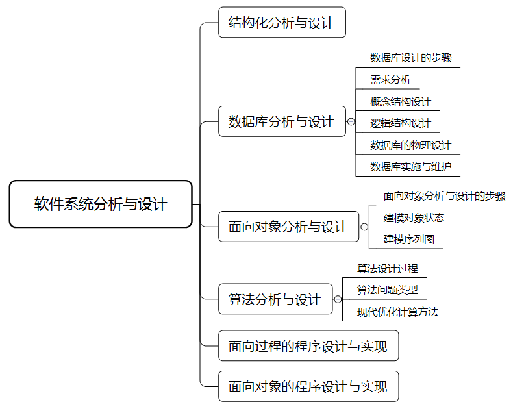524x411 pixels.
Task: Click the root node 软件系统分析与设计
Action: click(x=101, y=205)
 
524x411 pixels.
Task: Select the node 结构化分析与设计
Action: click(x=282, y=23)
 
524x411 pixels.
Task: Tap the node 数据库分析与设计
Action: click(x=282, y=121)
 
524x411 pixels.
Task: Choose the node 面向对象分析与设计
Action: click(x=288, y=227)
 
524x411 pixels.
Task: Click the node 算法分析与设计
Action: click(x=275, y=299)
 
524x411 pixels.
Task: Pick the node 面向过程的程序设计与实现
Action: click(x=308, y=346)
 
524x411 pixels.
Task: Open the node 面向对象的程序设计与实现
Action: click(x=308, y=387)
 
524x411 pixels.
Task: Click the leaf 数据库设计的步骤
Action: click(x=411, y=58)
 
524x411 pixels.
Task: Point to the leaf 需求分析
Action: click(x=390, y=80)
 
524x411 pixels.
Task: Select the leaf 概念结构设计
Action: click(x=401, y=102)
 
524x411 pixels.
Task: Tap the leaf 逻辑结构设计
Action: click(x=401, y=123)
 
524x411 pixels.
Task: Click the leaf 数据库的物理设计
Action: click(x=410, y=145)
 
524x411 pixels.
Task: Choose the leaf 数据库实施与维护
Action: click(x=410, y=166)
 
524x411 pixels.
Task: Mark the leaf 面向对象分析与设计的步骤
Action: click(x=444, y=196)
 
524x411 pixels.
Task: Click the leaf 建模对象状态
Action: click(x=414, y=218)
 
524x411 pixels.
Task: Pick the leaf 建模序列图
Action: click(x=408, y=239)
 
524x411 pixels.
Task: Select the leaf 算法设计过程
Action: click(x=387, y=268)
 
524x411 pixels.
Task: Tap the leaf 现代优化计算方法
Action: click(x=397, y=312)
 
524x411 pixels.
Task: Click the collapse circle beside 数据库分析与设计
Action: click(x=351, y=121)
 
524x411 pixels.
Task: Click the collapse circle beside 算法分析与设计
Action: click(x=338, y=299)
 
